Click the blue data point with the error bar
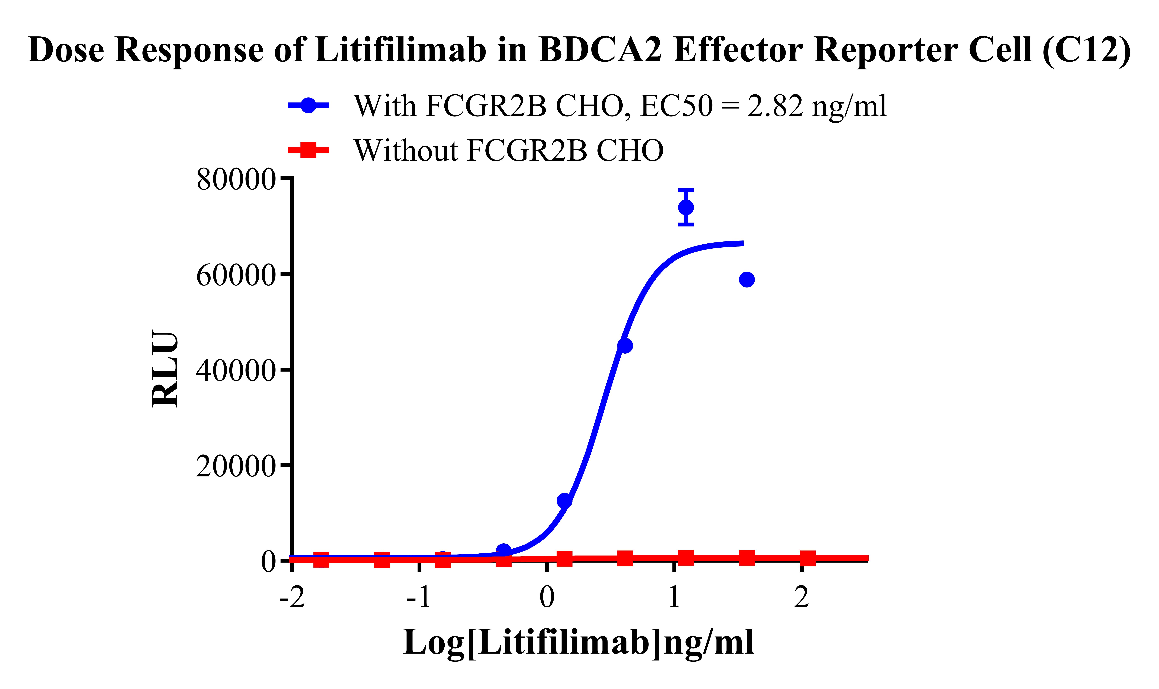[x=686, y=207]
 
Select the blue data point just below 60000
[x=746, y=280]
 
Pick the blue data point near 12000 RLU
[x=564, y=500]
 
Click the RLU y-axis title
[x=165, y=369]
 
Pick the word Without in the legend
[x=405, y=150]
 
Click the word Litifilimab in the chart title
[x=401, y=49]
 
